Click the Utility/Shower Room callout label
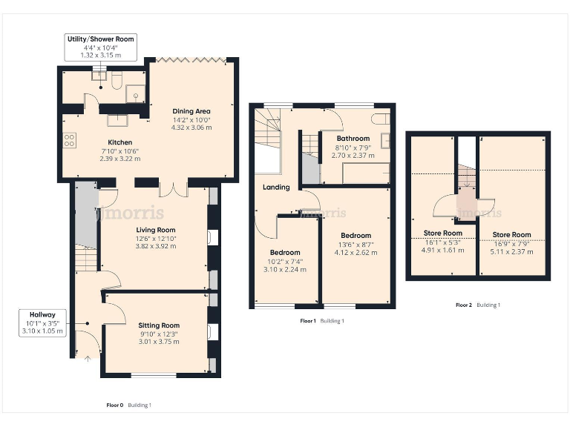100,47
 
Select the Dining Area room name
191,112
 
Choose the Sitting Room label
159,325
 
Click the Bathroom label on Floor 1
353,139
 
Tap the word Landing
276,188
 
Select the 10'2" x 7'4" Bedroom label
285,253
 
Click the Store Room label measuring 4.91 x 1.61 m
442,234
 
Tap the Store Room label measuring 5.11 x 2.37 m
512,235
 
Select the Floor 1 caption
307,321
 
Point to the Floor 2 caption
463,305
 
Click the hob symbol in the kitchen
69,139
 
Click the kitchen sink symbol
117,121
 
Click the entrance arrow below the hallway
88,360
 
